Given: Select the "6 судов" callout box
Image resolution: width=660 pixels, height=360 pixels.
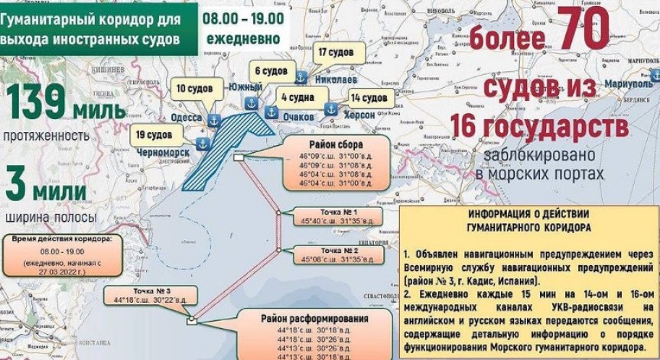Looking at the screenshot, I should [x=271, y=71].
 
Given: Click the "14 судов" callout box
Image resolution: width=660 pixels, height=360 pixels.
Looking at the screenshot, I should [x=368, y=98].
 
